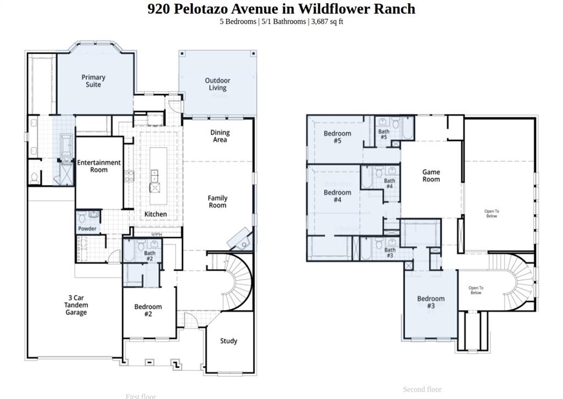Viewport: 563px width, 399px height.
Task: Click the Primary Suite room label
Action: (93, 81)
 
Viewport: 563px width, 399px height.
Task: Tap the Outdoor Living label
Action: (217, 84)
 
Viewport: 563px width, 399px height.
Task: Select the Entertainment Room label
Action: (99, 166)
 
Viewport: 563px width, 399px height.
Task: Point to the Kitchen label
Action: (156, 214)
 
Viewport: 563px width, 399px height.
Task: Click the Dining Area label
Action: (220, 136)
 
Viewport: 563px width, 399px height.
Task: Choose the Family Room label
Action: (217, 201)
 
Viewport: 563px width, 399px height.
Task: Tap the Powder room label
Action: (87, 228)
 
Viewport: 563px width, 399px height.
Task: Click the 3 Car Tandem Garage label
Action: (76, 305)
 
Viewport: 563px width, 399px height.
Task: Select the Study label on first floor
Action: (229, 341)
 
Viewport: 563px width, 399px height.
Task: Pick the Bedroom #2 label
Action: (148, 310)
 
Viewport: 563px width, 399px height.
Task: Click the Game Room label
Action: (431, 176)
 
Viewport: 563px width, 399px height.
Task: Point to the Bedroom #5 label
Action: (337, 137)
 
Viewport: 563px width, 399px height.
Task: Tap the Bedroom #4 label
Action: (337, 196)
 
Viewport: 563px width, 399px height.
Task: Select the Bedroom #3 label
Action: (430, 302)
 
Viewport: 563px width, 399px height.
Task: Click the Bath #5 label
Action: (384, 134)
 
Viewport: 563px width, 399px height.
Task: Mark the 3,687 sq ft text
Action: (327, 21)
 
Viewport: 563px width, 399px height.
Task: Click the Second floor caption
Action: (422, 389)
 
